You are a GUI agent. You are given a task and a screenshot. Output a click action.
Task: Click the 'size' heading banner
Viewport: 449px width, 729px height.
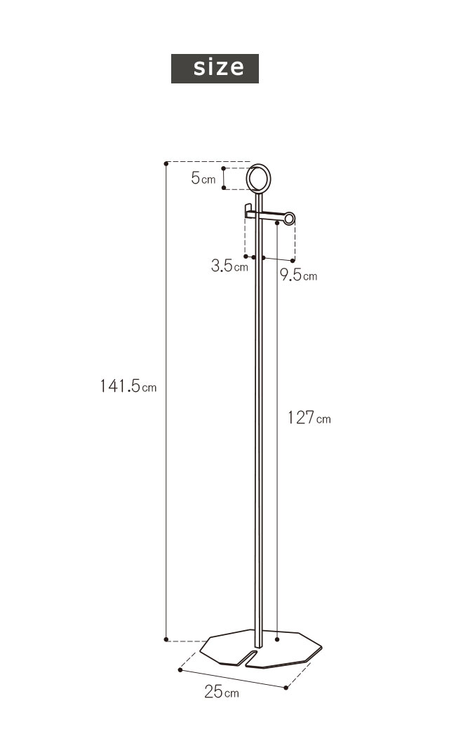tap(215, 69)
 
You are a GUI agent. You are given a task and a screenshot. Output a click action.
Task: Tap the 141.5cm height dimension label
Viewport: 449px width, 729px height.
tap(128, 386)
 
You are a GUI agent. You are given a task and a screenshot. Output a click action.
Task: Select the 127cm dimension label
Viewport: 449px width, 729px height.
tap(309, 418)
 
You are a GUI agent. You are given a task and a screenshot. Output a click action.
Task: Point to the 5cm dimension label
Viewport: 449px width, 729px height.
tap(203, 177)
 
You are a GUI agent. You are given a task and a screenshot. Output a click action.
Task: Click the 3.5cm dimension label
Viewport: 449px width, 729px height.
tap(229, 266)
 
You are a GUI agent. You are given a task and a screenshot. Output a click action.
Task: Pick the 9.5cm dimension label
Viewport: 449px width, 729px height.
tap(299, 275)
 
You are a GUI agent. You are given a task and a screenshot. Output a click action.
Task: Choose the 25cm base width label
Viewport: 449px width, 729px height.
tap(222, 692)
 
